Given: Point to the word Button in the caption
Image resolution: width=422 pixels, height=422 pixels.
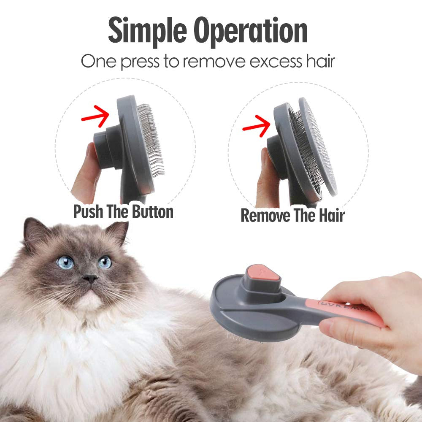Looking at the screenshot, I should point(151,211).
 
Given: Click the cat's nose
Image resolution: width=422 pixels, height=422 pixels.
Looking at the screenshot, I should point(90,279).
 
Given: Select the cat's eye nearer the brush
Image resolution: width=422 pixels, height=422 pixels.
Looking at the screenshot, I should point(105,262).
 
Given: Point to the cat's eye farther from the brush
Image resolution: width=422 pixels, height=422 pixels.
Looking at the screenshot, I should point(65,262).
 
